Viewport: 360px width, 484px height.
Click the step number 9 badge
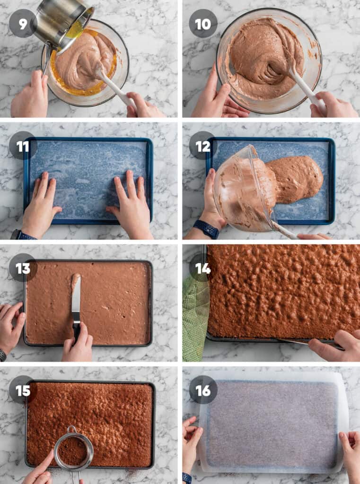pos(23,23)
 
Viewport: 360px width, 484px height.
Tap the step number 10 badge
pos(203,23)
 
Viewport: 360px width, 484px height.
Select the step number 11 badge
pos(23,146)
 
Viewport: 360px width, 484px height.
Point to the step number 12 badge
pos(203,146)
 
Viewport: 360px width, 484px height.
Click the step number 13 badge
pos(23,268)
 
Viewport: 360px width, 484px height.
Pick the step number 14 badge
pos(203,268)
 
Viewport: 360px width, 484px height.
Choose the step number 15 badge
pos(23,390)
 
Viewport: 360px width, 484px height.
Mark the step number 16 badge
pos(203,390)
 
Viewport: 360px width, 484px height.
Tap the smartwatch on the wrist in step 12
pos(206,229)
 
